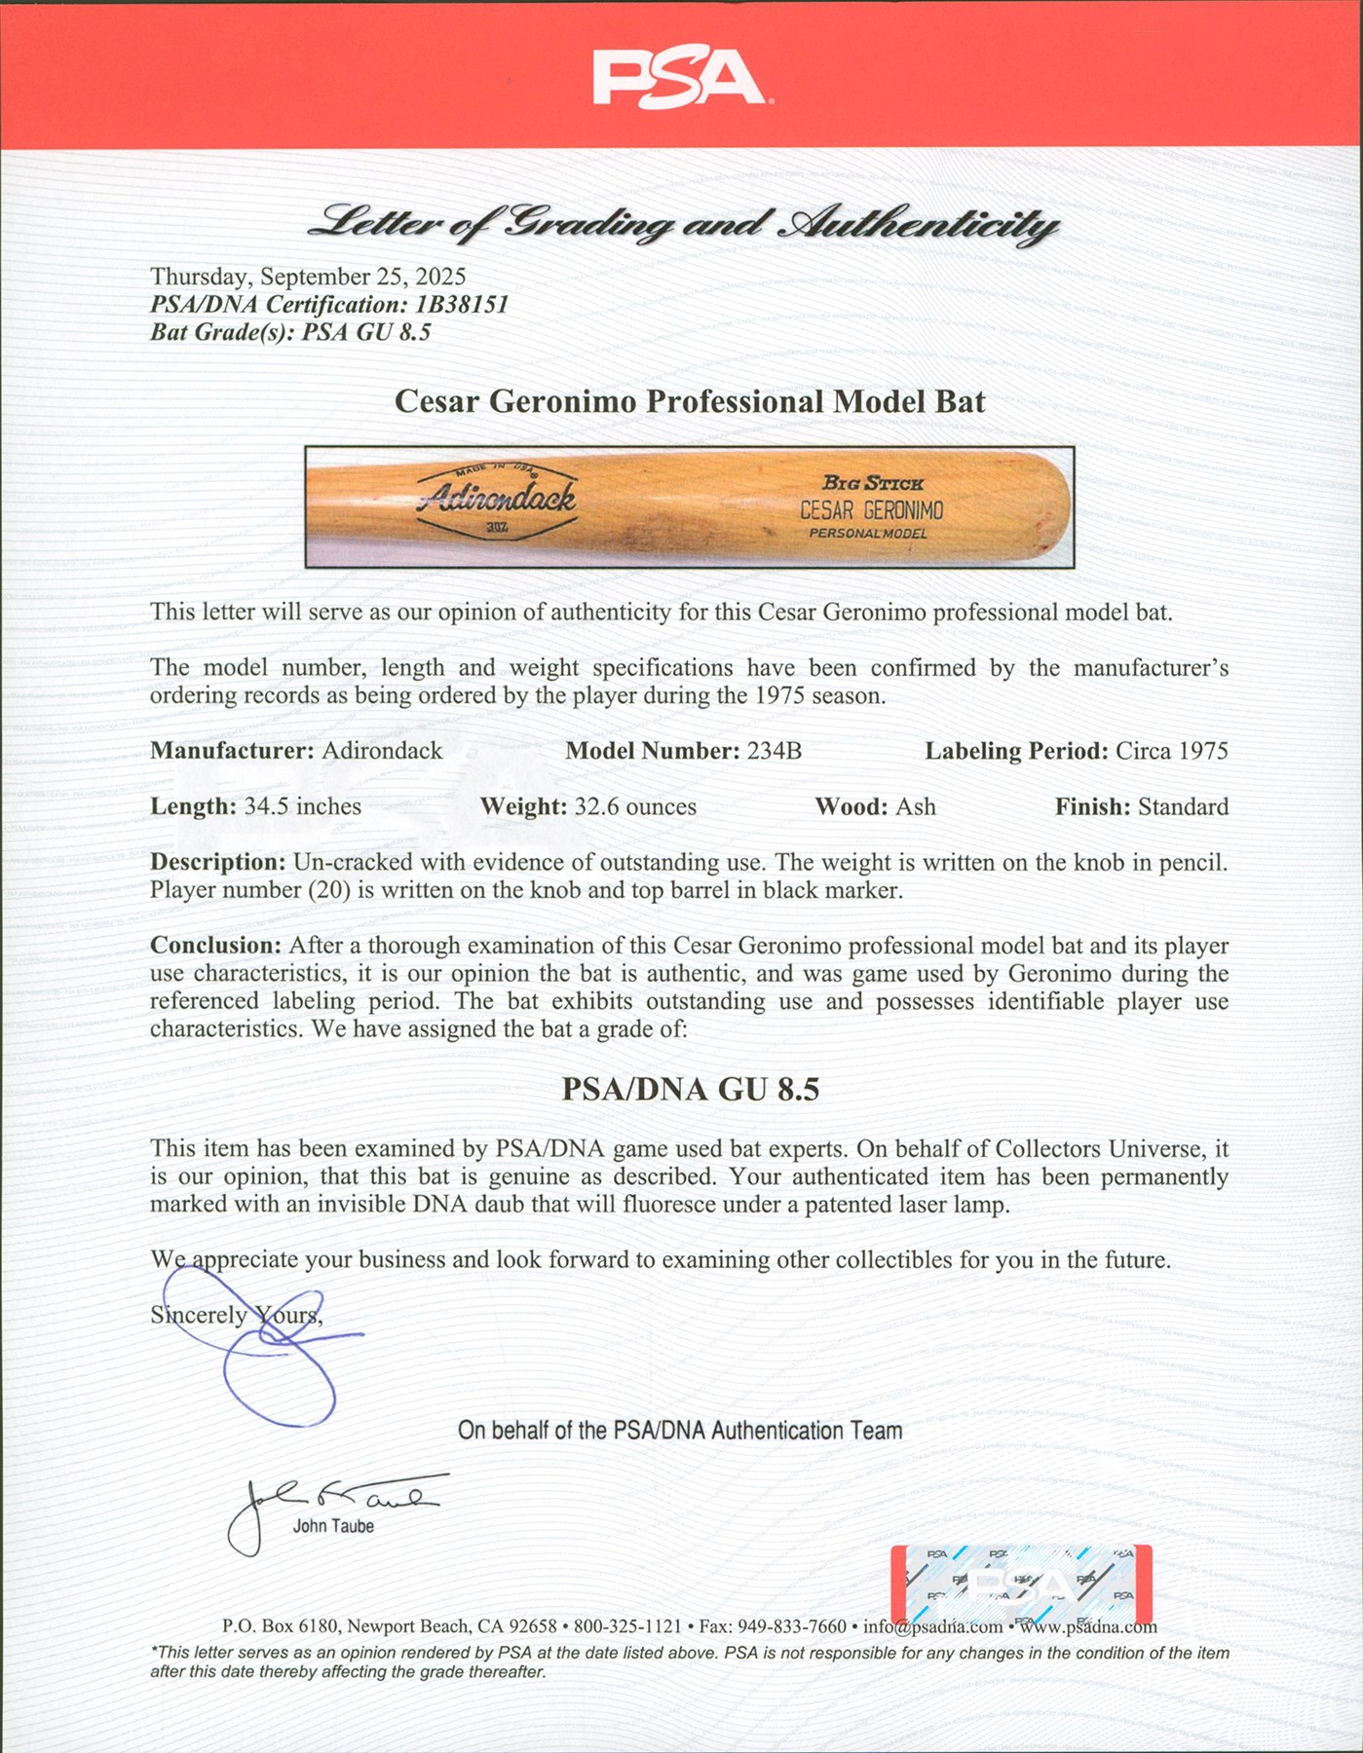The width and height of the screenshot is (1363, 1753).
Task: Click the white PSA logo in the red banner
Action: coord(679,78)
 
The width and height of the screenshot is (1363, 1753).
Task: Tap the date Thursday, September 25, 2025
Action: coord(308,278)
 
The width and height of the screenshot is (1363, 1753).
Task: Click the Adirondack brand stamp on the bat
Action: coord(496,499)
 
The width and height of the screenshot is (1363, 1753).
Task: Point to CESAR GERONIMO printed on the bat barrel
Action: coord(871,510)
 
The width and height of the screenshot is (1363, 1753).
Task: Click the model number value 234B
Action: coord(774,751)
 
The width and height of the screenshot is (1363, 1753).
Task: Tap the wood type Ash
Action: coord(916,806)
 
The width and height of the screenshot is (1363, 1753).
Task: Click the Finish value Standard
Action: coord(1183,806)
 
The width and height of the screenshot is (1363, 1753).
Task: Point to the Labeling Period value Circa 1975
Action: coord(1171,751)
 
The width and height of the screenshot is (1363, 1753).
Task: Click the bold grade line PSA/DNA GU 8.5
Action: coord(690,1089)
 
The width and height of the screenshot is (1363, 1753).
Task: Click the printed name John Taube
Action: coord(333,1526)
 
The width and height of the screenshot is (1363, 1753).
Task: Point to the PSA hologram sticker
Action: coord(1021,1585)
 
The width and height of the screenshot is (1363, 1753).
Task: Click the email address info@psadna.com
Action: coord(932,1626)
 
